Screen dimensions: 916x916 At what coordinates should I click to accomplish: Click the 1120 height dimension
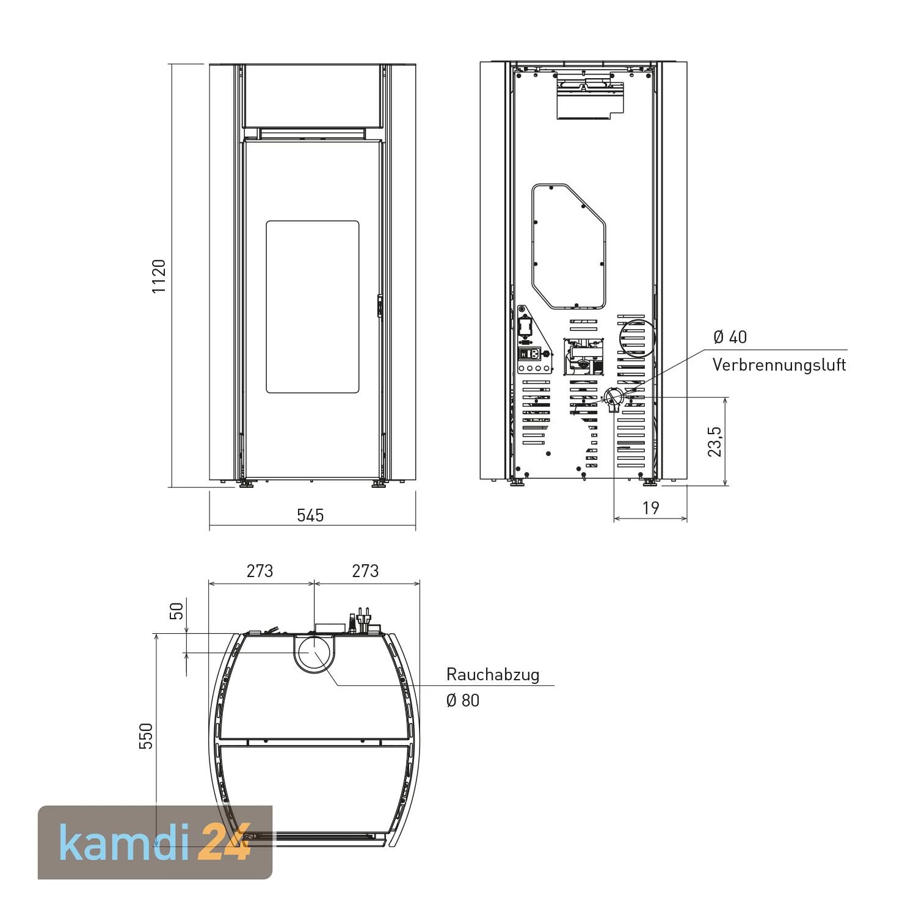(159, 276)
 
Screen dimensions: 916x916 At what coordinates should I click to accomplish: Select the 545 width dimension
(310, 515)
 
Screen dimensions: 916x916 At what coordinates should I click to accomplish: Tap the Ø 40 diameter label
(730, 337)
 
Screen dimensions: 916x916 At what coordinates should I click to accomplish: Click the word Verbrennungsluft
(779, 365)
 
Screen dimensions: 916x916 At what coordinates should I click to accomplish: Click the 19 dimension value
(651, 508)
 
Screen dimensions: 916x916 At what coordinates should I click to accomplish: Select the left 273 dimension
(260, 571)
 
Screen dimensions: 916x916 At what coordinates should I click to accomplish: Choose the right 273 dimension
(365, 571)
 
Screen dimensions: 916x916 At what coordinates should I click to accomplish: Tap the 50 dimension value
(176, 611)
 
